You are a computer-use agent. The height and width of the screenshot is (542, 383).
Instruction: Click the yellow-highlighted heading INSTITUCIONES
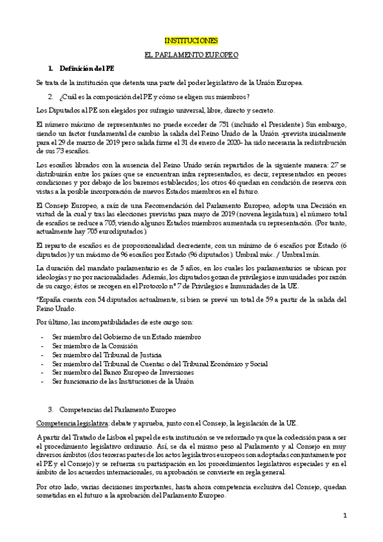tap(191, 40)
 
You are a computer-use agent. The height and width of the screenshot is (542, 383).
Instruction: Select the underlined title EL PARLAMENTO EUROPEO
tap(191, 54)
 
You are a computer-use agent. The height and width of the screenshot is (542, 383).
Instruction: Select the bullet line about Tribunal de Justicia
tap(102, 354)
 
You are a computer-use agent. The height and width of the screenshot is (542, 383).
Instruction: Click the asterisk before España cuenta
tap(38, 299)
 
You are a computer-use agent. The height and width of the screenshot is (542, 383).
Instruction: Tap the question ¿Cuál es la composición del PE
tap(153, 97)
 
